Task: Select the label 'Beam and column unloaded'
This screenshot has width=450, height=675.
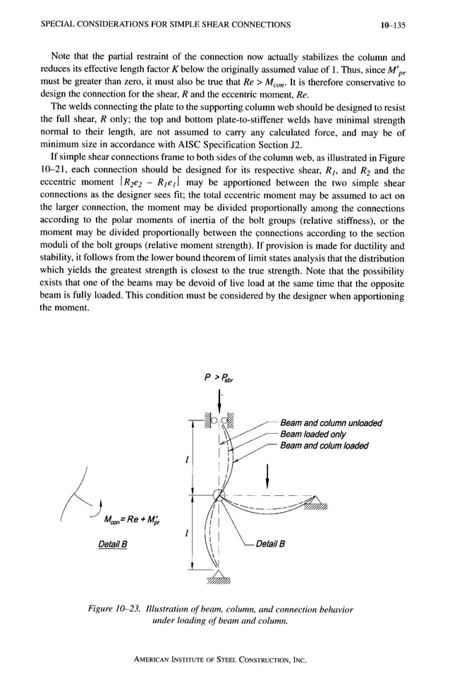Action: click(x=331, y=423)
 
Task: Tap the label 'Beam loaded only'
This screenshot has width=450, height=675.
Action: click(x=312, y=434)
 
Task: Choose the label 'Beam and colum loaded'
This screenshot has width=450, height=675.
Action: click(x=324, y=445)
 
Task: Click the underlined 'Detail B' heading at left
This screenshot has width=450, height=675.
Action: click(x=114, y=544)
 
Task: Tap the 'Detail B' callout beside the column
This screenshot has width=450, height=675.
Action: click(x=270, y=544)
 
